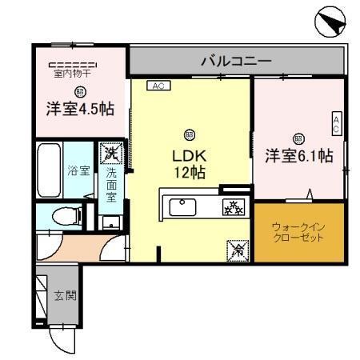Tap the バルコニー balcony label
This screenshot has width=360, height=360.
(x=235, y=60)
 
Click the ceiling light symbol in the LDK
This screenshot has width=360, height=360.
(x=190, y=134)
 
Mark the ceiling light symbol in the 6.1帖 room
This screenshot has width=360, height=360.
(x=298, y=137)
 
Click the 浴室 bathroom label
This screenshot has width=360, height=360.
(x=77, y=170)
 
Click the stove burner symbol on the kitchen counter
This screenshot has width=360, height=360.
(x=233, y=208)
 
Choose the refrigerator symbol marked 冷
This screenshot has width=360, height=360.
(x=238, y=250)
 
